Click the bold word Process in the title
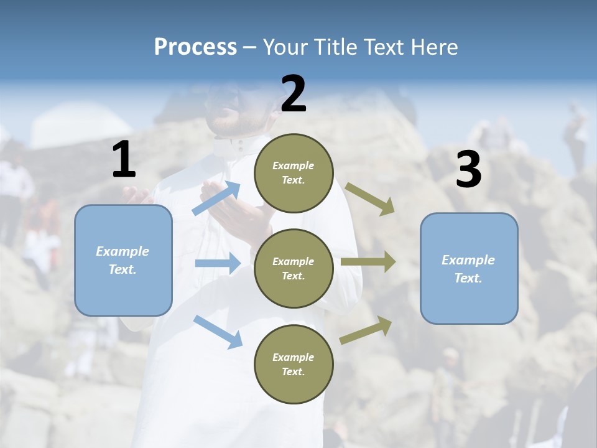coord(195,47)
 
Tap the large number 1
coord(124,160)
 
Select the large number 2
coord(294,94)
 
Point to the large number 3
coord(468,170)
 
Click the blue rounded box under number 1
coord(123,260)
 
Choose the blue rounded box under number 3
coord(469,269)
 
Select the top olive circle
coord(294,173)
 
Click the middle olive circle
coord(294,269)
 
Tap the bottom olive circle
coord(294,365)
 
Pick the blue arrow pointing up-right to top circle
coord(216,198)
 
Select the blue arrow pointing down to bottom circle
coord(218,331)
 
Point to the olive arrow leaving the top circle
coord(370,199)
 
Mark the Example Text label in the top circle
coord(294,173)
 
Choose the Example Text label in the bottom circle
coord(294,365)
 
